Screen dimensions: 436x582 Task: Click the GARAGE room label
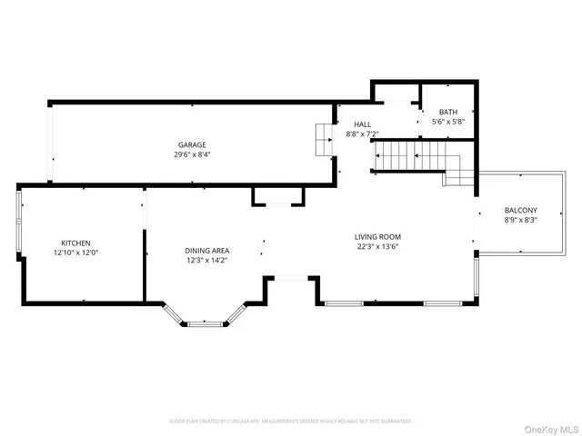192,144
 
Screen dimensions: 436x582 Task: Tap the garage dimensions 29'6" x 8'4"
192,154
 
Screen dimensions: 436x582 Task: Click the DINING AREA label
207,251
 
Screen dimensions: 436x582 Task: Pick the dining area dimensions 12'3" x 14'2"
207,261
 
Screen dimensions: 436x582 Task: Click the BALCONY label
521,211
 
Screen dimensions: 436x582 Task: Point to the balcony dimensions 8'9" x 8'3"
521,221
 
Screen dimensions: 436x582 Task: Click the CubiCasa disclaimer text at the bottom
291,421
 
